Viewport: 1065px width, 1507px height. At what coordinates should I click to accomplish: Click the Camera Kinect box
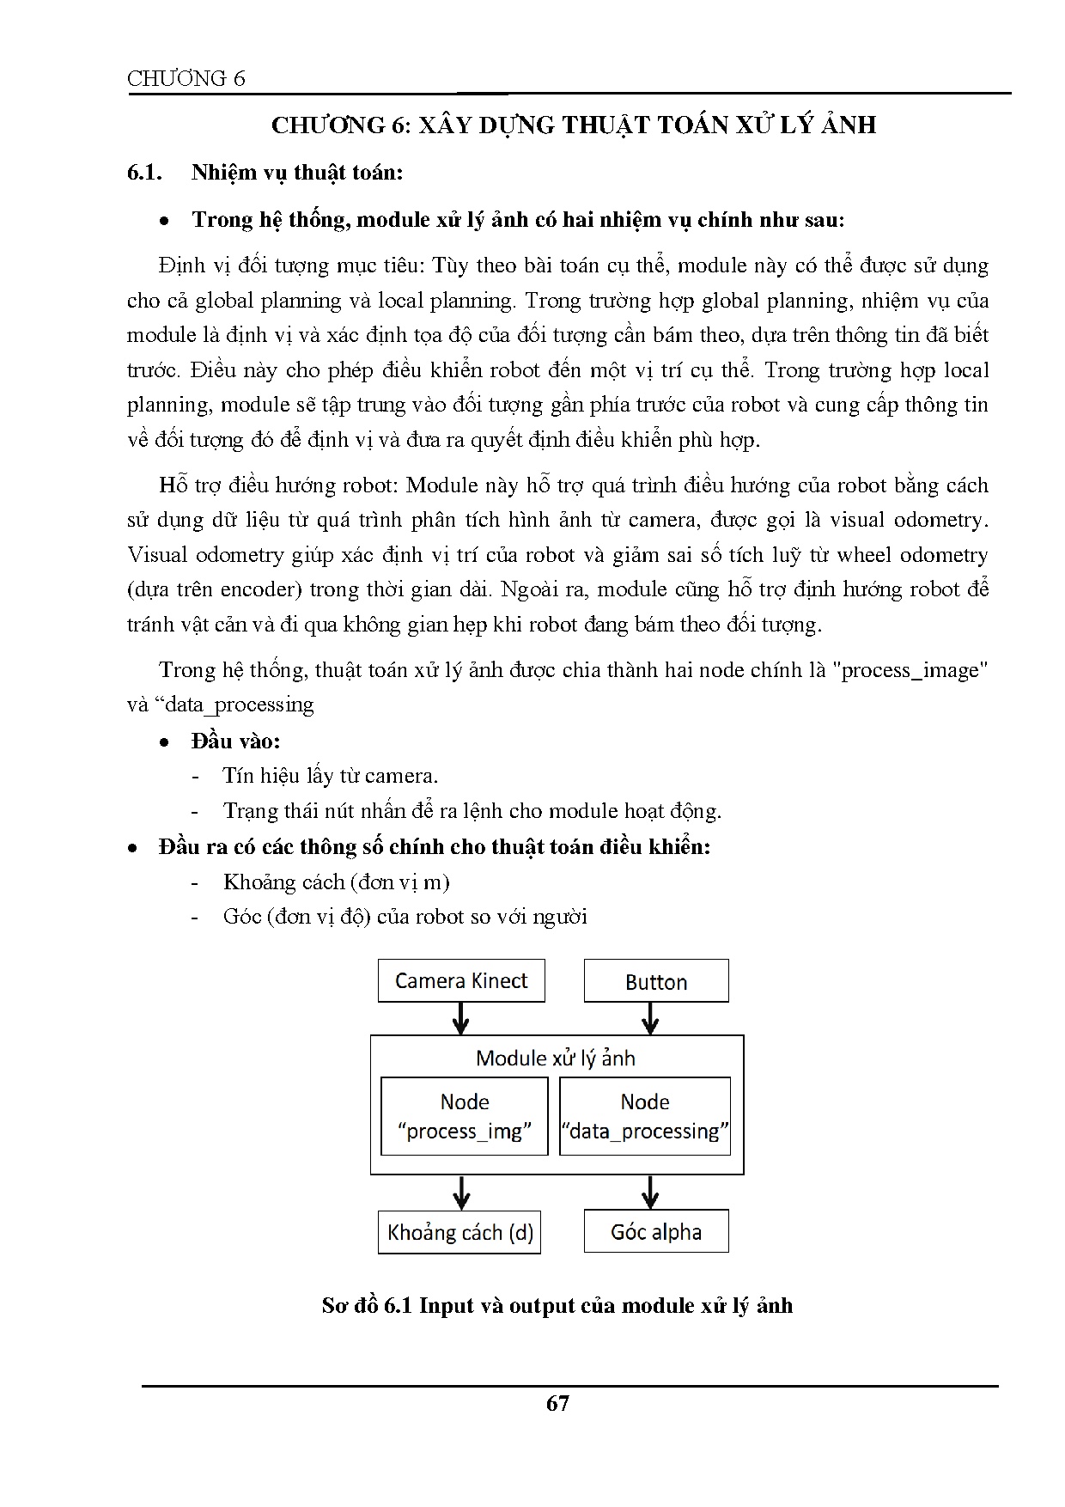tap(461, 981)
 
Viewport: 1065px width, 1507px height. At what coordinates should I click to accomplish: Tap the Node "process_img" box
tap(465, 1116)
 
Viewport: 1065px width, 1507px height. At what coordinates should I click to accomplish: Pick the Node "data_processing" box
tap(645, 1116)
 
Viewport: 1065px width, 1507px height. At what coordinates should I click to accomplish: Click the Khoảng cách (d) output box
tap(459, 1233)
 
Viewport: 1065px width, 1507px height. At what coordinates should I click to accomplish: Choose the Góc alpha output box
tap(656, 1232)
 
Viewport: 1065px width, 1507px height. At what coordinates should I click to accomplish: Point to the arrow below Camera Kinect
tap(461, 1019)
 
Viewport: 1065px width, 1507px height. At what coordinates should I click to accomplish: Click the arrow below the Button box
tap(650, 1019)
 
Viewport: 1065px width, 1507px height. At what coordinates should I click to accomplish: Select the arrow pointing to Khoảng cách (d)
tap(461, 1193)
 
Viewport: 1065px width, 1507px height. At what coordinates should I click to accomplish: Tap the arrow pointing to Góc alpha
tap(650, 1193)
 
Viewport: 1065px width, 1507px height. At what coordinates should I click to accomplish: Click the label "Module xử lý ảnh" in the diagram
tap(556, 1058)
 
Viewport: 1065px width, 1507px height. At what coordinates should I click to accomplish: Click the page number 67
tap(557, 1403)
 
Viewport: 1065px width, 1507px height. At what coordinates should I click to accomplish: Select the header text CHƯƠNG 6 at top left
tap(186, 79)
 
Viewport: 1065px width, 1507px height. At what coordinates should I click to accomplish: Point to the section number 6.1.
tap(145, 173)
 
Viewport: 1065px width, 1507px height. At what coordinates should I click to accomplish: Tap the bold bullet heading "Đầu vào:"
tap(236, 741)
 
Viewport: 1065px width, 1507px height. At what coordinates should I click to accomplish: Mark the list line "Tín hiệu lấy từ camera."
tap(331, 776)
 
